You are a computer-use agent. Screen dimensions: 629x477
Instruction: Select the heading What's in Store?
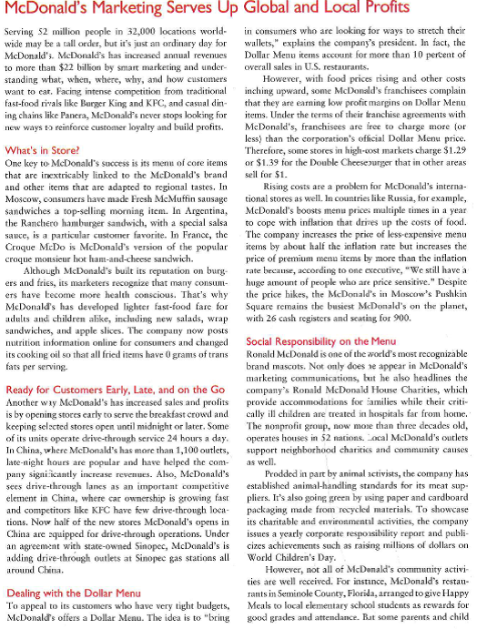pyautogui.click(x=41, y=149)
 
